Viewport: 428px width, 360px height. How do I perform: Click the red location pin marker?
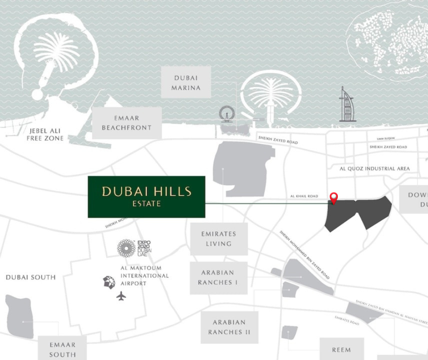tap(334, 198)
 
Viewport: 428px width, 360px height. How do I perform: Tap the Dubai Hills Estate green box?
tap(146, 196)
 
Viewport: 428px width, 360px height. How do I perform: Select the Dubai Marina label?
tap(186, 82)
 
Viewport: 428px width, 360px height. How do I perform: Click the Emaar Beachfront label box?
tap(127, 123)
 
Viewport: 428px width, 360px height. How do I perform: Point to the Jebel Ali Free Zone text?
tap(45, 134)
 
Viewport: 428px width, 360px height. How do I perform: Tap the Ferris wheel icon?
tap(226, 114)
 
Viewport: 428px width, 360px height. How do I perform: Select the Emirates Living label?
tap(219, 239)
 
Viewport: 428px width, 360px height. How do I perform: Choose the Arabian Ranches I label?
tap(218, 278)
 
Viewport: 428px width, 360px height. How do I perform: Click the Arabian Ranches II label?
tap(229, 327)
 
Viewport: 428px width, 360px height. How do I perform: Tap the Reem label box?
tap(341, 350)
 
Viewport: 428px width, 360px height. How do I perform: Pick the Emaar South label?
tap(62, 349)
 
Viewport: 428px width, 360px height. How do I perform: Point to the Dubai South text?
tap(31, 277)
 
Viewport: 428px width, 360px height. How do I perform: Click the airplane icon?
tap(121, 296)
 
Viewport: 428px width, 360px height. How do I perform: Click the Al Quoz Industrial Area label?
tap(375, 169)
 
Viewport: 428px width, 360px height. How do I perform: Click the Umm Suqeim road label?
tap(386, 139)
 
